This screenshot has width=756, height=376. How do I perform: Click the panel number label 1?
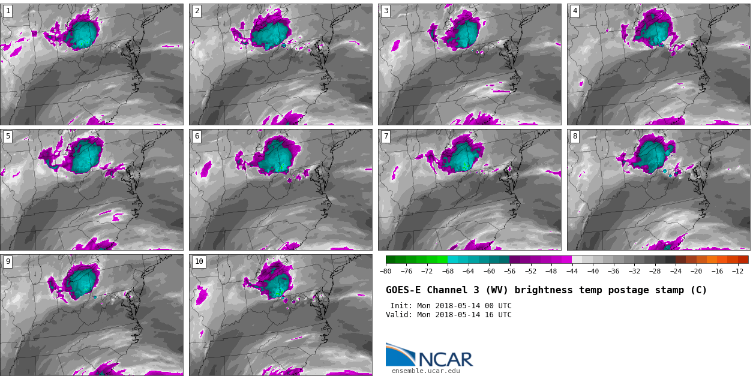(8, 11)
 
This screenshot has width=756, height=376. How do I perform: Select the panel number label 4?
(574, 11)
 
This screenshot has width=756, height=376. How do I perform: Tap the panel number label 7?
(386, 136)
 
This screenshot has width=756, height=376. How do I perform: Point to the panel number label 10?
(199, 261)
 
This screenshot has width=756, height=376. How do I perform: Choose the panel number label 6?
(196, 136)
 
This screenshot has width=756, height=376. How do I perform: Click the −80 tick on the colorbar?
(386, 271)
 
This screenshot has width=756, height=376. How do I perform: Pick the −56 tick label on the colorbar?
(509, 271)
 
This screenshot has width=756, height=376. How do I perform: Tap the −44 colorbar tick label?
(572, 271)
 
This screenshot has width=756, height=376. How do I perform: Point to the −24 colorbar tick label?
(675, 271)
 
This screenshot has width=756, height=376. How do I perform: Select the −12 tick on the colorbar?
(737, 271)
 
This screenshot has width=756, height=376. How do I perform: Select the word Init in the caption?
(401, 306)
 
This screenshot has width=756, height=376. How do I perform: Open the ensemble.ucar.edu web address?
(425, 371)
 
